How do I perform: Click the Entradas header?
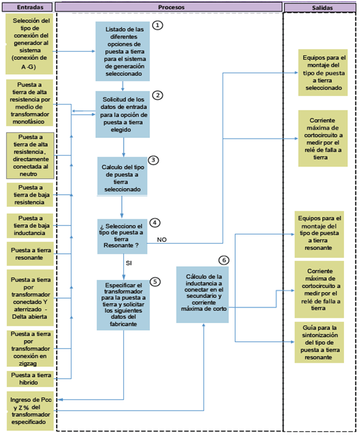[x=27, y=6]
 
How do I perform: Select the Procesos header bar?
[x=169, y=6]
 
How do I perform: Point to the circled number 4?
[x=155, y=222]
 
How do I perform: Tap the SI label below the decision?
[x=129, y=263]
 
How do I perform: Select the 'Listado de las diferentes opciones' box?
[x=123, y=52]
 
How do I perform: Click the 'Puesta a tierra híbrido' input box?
[x=30, y=378]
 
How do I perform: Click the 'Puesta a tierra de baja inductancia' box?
[x=30, y=225]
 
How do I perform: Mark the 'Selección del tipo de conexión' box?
[x=30, y=44]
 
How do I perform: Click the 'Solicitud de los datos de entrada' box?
[x=123, y=114]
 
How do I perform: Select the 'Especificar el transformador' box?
[x=123, y=304]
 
